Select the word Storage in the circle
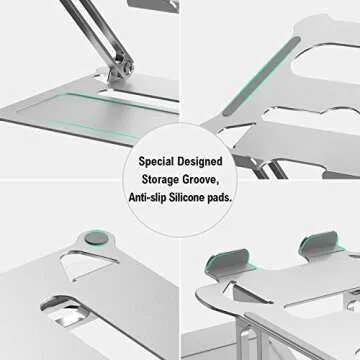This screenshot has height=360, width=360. point(164,180)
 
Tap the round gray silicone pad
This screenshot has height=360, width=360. point(94,239)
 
